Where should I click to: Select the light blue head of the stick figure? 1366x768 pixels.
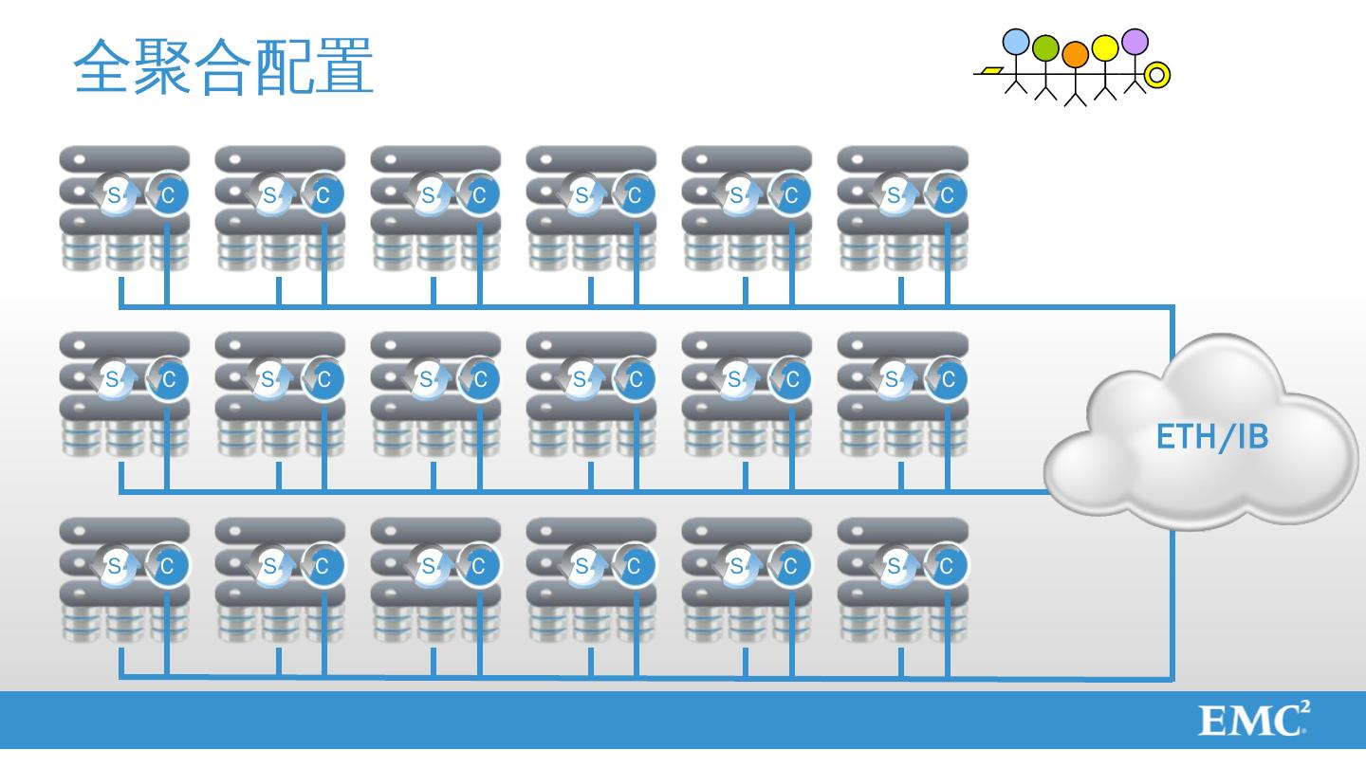[1016, 42]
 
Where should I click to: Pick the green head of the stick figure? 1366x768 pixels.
[1044, 48]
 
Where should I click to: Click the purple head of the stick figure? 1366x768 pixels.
[1135, 42]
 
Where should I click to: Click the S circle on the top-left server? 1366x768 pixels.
[114, 195]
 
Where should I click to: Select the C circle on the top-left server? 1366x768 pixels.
[168, 195]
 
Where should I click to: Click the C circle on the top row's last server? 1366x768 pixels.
[946, 195]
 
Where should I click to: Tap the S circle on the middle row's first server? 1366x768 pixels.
[114, 380]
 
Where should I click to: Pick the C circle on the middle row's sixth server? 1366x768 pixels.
[946, 380]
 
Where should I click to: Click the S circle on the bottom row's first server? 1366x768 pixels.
[114, 566]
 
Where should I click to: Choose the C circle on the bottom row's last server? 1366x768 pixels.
[946, 566]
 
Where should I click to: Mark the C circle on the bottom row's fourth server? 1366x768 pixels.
[635, 566]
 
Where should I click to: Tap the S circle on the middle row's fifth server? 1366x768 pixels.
[736, 380]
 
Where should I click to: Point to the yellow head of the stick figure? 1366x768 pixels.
[1105, 47]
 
